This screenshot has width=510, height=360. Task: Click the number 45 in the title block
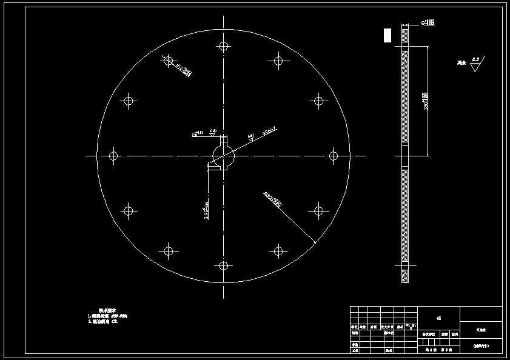tap(438, 318)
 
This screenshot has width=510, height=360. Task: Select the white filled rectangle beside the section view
tap(388, 35)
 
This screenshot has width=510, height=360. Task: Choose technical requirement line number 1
tap(108, 316)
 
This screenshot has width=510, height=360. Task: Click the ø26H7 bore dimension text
tap(269, 129)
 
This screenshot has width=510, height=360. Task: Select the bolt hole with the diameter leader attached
tap(169, 61)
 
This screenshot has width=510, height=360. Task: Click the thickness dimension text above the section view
tap(429, 23)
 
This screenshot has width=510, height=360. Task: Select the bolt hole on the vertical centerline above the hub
tap(224, 46)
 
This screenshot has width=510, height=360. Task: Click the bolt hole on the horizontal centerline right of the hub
tap(333, 156)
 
